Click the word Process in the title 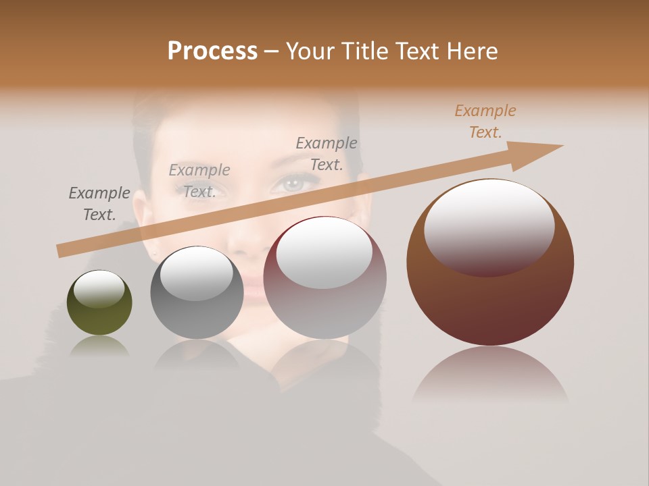pyautogui.click(x=212, y=51)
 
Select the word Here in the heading pyautogui.click(x=471, y=51)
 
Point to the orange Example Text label pyautogui.click(x=485, y=122)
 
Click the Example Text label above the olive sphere pyautogui.click(x=99, y=204)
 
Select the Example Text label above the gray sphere pyautogui.click(x=199, y=181)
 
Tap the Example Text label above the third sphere pyautogui.click(x=327, y=154)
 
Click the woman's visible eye pyautogui.click(x=292, y=182)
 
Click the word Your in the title pyautogui.click(x=312, y=51)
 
